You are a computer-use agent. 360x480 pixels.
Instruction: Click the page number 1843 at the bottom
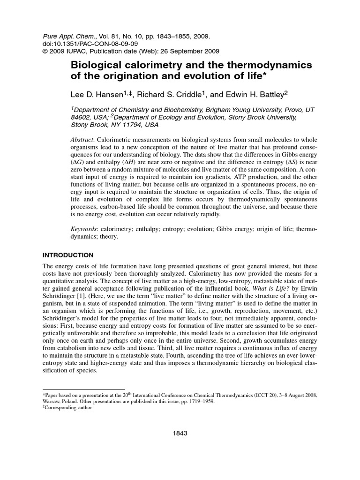[180, 434]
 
